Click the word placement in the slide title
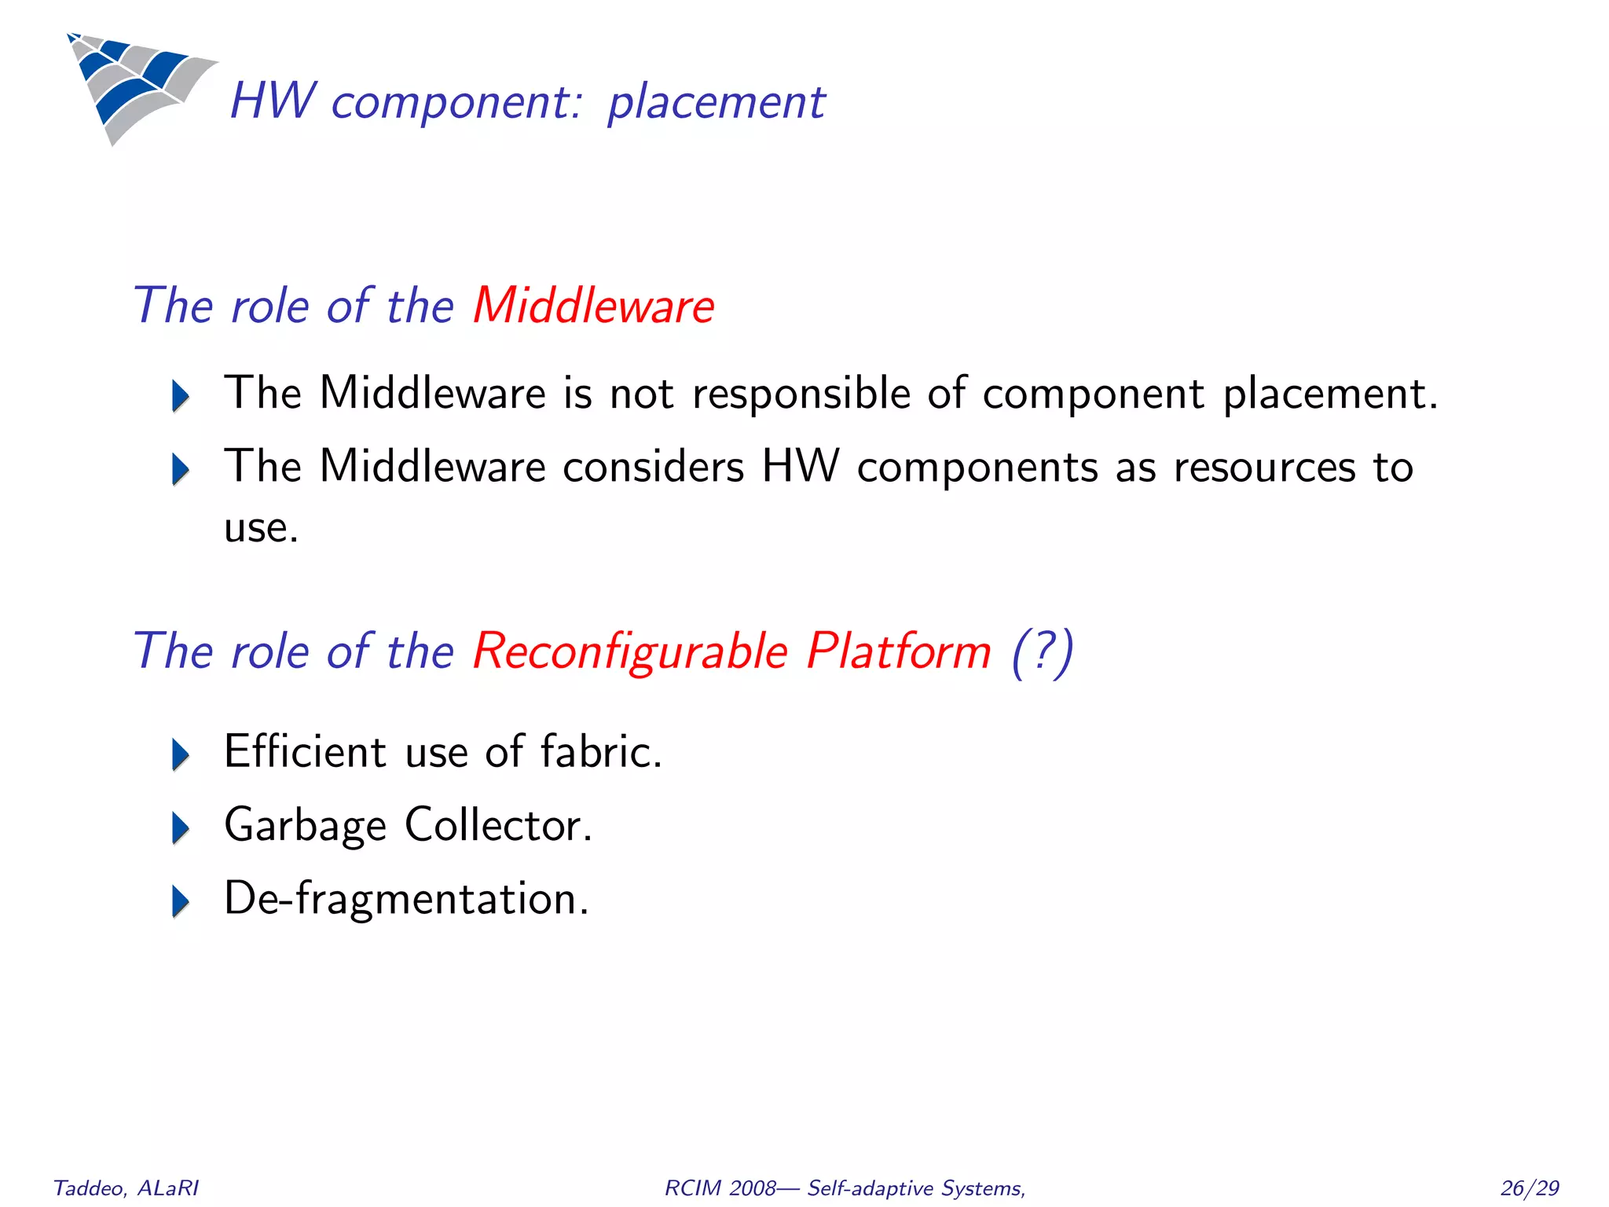716,102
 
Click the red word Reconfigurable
629,651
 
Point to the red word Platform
899,651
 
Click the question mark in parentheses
1042,651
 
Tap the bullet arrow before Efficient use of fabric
181,754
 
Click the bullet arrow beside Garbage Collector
181,827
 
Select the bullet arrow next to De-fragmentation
181,901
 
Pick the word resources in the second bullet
1264,467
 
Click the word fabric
601,751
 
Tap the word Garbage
305,826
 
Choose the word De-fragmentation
406,898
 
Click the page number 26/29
1529,1188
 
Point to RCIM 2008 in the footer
720,1188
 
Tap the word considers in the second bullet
653,467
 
